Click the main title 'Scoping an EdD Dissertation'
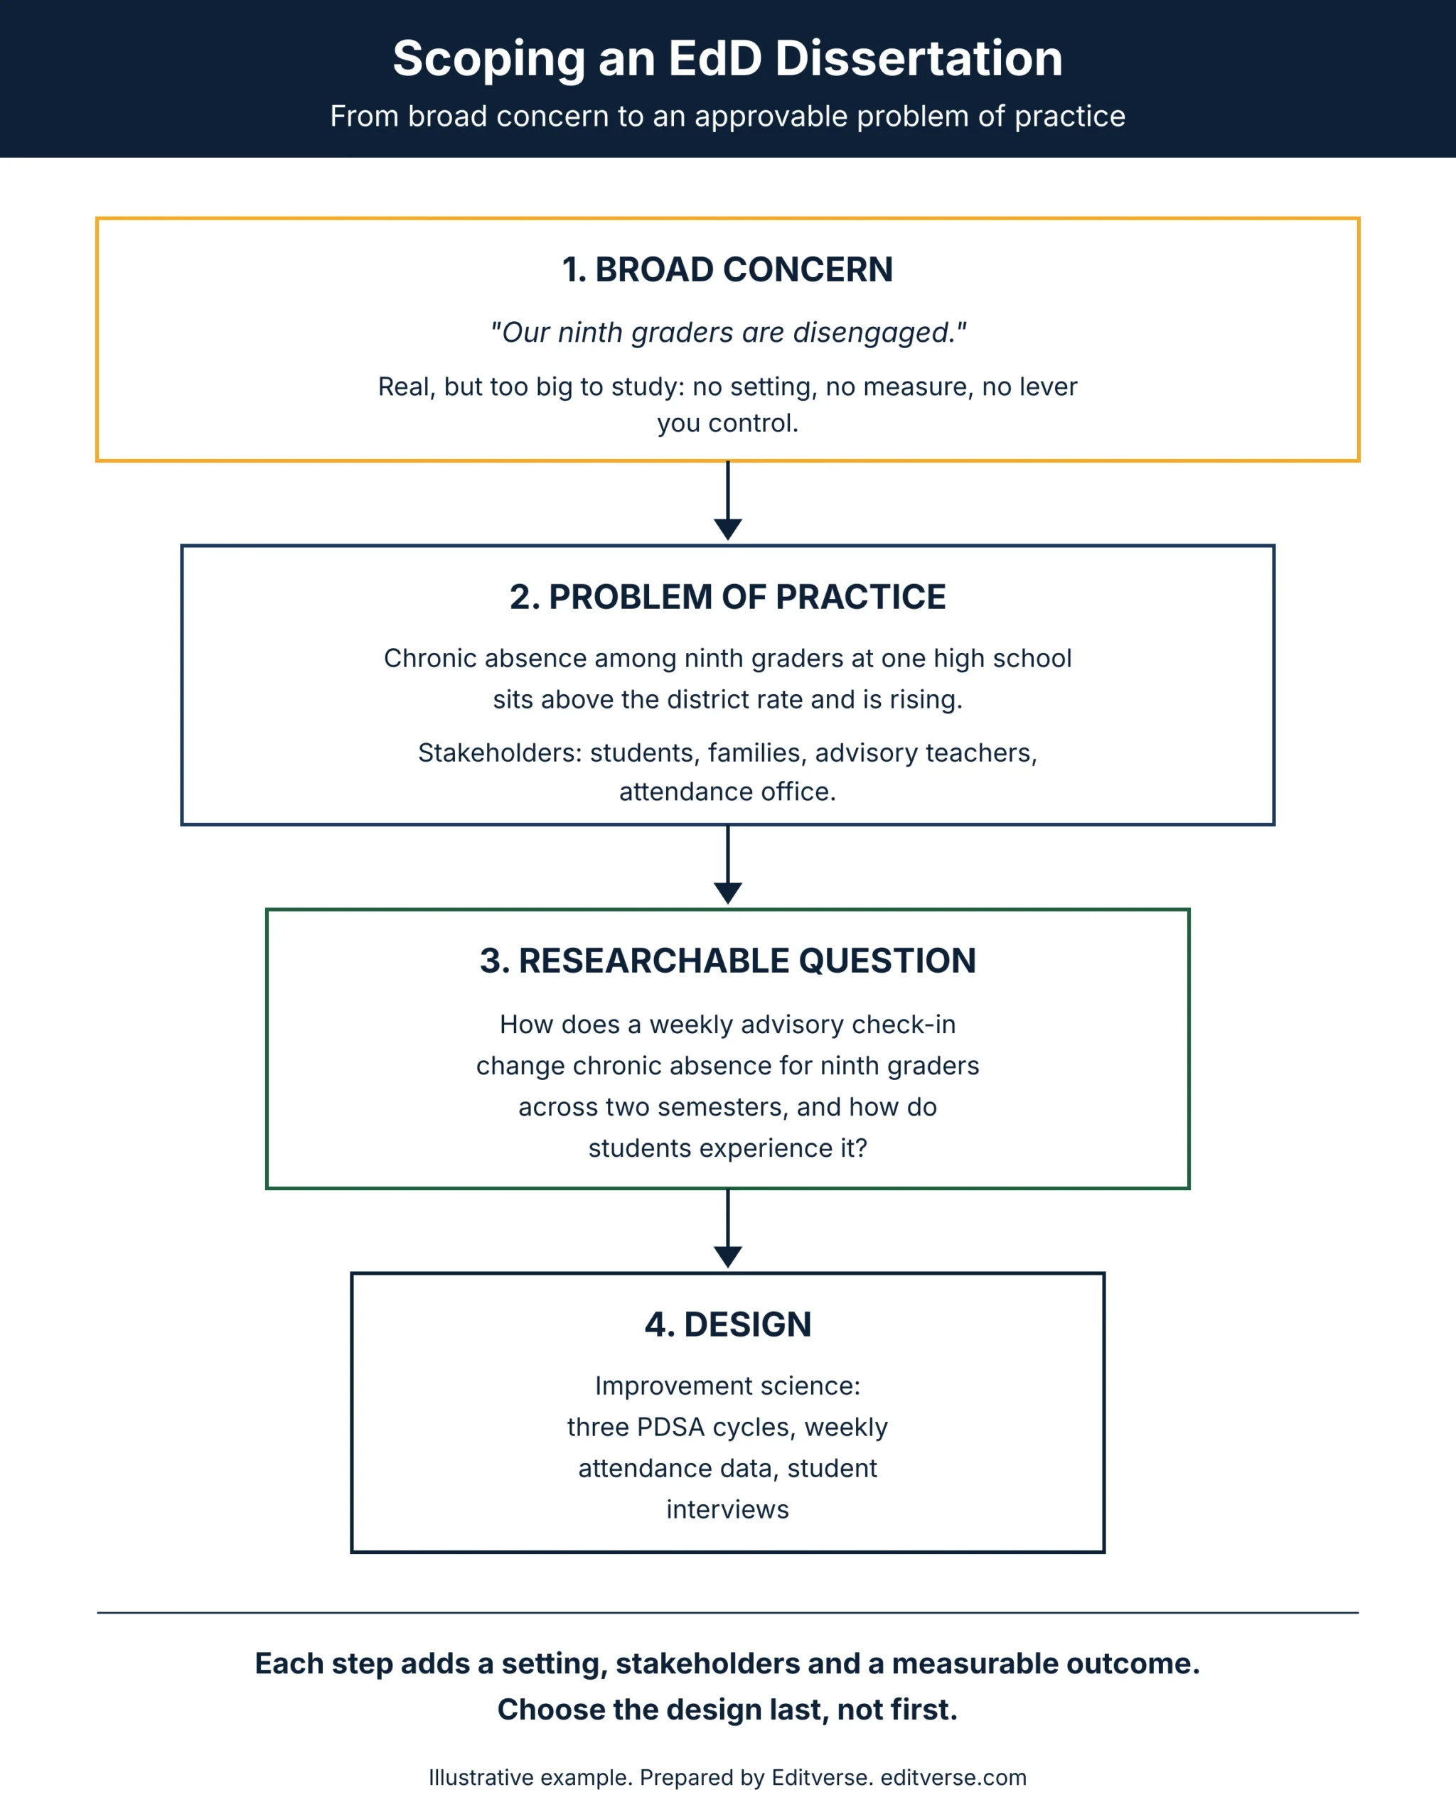[727, 59]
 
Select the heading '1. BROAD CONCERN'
[727, 270]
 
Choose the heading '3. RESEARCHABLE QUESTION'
[727, 961]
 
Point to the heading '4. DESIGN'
[727, 1324]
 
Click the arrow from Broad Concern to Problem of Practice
[727, 501]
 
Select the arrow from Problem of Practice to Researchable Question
[727, 865]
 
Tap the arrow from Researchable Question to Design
[727, 1229]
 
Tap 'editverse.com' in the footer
[954, 1778]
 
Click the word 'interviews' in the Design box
[727, 1509]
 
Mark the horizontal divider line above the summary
[727, 1613]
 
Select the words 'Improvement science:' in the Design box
[727, 1386]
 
